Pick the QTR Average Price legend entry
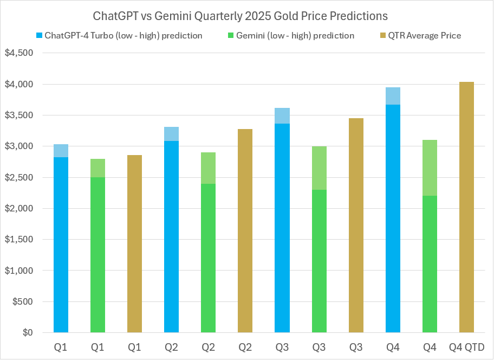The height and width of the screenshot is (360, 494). [424, 36]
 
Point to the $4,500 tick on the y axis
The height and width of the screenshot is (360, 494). [19, 53]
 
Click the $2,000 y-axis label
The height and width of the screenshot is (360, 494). [19, 209]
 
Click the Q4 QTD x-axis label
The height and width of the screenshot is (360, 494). [466, 347]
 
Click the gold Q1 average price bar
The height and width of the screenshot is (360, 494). [134, 244]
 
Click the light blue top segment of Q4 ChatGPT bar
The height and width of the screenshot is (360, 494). [393, 96]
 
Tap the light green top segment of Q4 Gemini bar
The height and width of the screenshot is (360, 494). [430, 168]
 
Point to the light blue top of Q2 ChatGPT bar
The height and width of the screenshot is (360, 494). [171, 134]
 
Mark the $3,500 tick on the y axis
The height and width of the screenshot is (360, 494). [19, 115]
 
